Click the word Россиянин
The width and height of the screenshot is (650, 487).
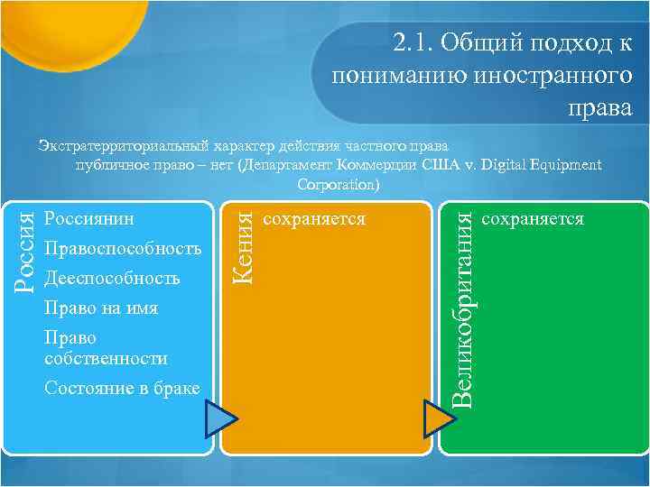pyautogui.click(x=88, y=219)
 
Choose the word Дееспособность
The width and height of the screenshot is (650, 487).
pyautogui.click(x=111, y=279)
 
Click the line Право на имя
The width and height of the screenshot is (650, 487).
pyautogui.click(x=100, y=308)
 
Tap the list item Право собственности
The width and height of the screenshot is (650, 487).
pyautogui.click(x=105, y=348)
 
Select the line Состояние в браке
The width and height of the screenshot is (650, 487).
pyautogui.click(x=121, y=387)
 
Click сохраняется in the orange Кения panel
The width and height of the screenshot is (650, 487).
pyautogui.click(x=313, y=219)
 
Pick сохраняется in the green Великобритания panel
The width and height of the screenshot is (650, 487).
pyautogui.click(x=533, y=219)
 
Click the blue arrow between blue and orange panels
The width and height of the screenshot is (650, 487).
pyautogui.click(x=220, y=420)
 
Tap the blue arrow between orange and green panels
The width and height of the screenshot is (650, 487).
pyautogui.click(x=440, y=420)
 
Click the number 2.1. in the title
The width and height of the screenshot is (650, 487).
pyautogui.click(x=414, y=41)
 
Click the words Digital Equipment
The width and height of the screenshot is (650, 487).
pyautogui.click(x=542, y=164)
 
